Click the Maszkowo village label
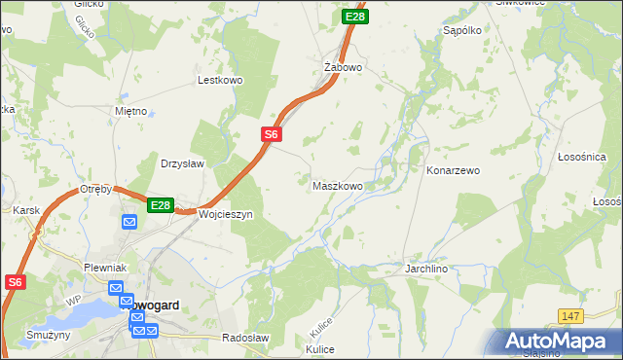click(338, 185)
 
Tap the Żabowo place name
click(343, 67)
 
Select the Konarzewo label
click(453, 170)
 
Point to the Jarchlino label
click(426, 267)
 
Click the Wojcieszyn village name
click(226, 214)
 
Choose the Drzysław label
click(182, 163)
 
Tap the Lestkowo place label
click(219, 81)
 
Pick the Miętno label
click(129, 111)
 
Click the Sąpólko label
click(462, 30)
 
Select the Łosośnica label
click(582, 157)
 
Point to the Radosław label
click(245, 337)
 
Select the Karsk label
click(25, 210)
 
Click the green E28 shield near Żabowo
click(355, 17)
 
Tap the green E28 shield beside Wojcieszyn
click(161, 205)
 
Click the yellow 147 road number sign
click(570, 316)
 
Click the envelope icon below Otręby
click(129, 222)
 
